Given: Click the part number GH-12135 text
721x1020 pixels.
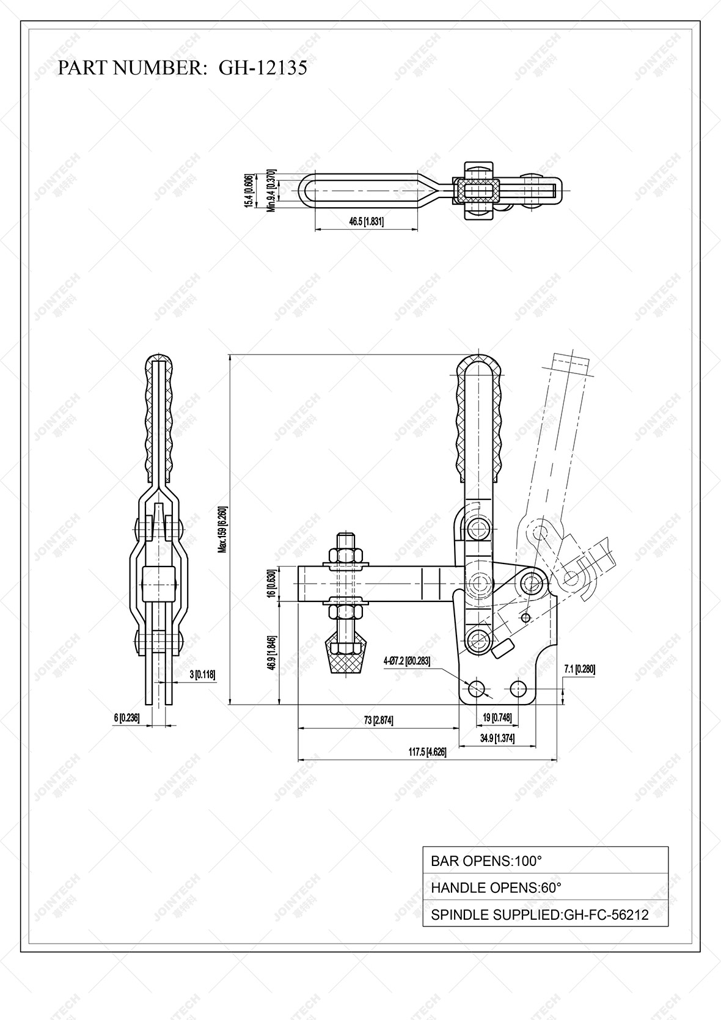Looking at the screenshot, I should click(263, 68).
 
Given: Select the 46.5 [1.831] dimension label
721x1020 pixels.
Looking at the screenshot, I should click(366, 221).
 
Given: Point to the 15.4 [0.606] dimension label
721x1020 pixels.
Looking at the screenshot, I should click(249, 191).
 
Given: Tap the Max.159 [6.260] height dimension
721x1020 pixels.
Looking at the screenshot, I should click(223, 529).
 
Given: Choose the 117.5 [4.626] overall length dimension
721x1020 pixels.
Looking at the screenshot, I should click(427, 752).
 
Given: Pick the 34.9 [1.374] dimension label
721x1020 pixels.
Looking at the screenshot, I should click(497, 738).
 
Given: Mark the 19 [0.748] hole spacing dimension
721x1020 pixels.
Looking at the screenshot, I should click(497, 717).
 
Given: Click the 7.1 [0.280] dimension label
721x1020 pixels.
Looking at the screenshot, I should click(580, 669).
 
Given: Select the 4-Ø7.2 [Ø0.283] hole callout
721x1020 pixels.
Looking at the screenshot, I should click(406, 661).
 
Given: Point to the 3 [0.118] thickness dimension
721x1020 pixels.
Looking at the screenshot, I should click(202, 674).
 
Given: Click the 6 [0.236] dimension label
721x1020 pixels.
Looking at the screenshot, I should click(126, 718).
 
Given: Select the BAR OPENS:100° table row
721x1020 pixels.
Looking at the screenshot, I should click(545, 860).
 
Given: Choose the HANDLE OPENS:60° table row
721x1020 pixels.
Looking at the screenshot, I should click(545, 887).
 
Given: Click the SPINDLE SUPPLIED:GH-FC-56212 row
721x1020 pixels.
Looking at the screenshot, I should click(545, 914).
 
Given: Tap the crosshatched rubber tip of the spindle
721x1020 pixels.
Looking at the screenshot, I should click(346, 660).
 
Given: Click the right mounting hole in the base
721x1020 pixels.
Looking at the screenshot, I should click(518, 688).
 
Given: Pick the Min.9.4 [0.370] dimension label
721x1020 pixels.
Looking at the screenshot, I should click(272, 190).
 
